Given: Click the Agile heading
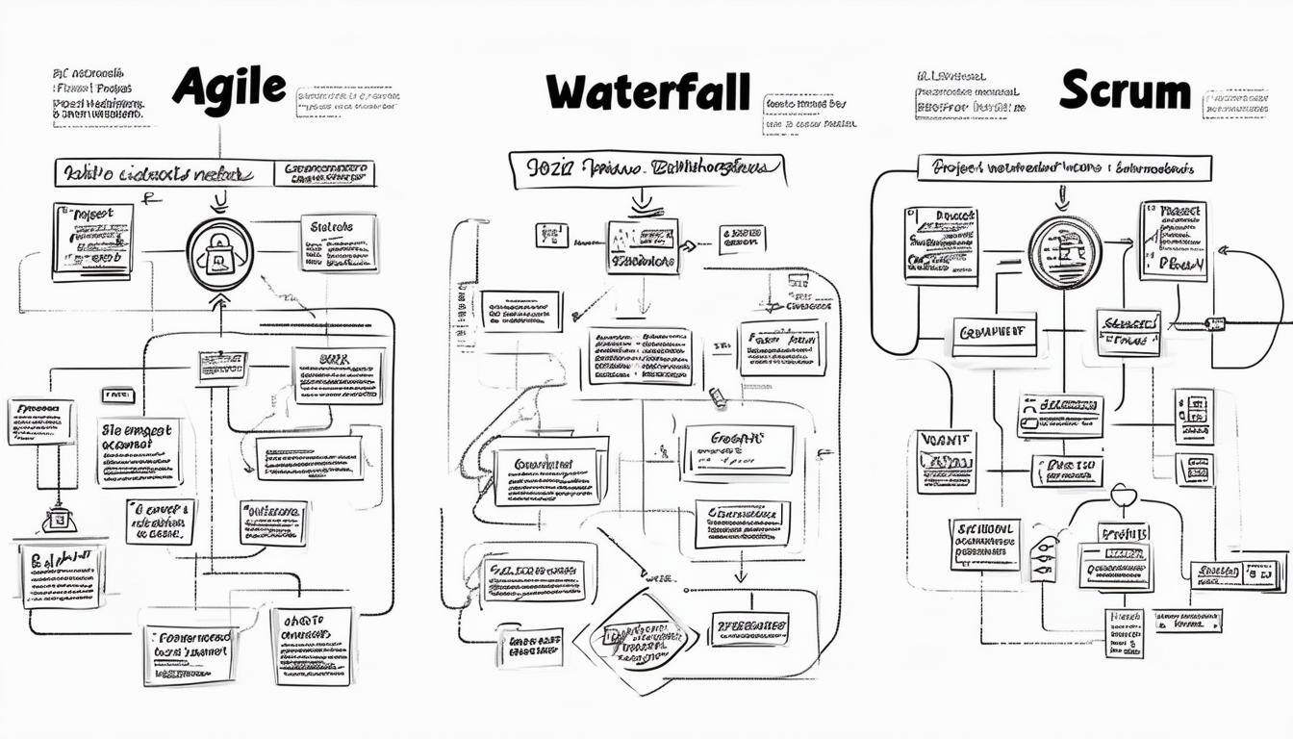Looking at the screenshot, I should coord(229,89).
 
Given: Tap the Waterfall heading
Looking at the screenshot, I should coord(646,93).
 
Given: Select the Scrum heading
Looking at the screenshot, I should coord(1124,91).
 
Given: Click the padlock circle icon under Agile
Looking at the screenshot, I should coord(219,254).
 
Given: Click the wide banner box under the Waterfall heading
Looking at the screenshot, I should coord(646,168).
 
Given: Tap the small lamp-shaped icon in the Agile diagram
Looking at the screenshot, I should coord(58,520).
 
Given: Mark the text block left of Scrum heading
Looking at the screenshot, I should coord(970,94).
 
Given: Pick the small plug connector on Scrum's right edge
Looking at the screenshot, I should coord(1215,324).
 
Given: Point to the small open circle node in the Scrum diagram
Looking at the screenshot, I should coord(1124,495).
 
